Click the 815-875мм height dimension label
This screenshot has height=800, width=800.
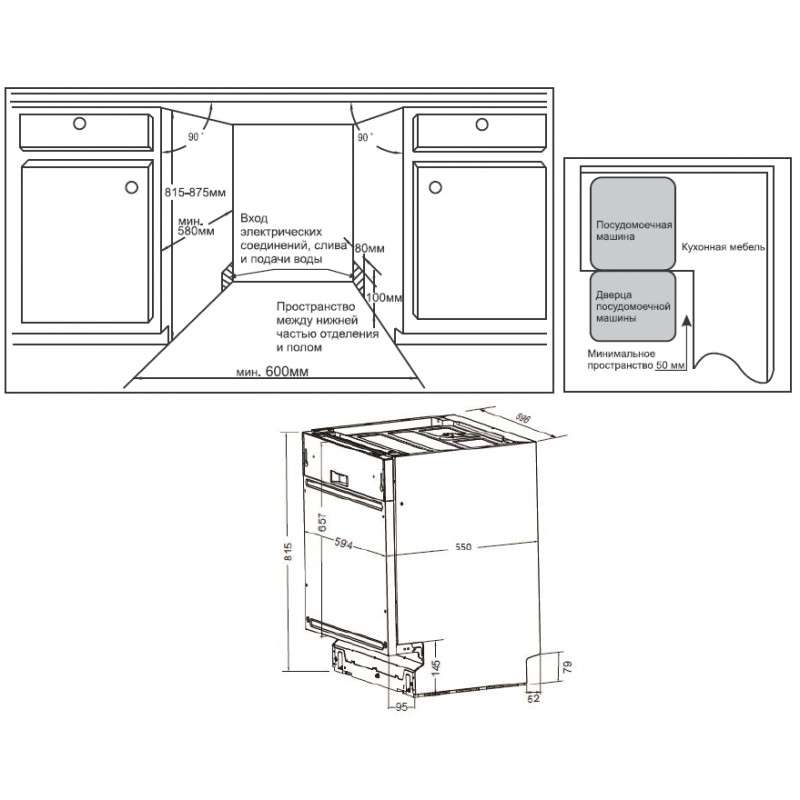(195, 192)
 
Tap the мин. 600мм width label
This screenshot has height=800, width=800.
(272, 371)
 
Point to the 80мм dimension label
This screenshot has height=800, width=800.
(369, 248)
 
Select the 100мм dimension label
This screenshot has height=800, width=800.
(384, 297)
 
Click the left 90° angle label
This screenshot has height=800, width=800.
(195, 137)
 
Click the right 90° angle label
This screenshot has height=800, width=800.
(364, 137)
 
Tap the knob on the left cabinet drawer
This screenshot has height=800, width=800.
(79, 123)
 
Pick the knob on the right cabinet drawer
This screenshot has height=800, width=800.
(482, 124)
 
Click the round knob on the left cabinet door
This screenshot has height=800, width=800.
(132, 187)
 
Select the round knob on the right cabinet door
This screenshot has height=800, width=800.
(435, 187)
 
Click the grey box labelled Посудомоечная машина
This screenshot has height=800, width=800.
(633, 223)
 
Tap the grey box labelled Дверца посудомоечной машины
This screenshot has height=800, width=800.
(633, 306)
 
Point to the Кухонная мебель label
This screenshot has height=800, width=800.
(723, 247)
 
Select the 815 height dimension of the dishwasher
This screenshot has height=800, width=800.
(288, 552)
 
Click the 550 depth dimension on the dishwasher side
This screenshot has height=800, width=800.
(463, 547)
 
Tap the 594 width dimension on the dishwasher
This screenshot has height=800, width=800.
(343, 544)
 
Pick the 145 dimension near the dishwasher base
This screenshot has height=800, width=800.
(435, 667)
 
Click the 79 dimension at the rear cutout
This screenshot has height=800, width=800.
(568, 666)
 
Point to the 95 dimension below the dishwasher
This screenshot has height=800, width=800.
(402, 707)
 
